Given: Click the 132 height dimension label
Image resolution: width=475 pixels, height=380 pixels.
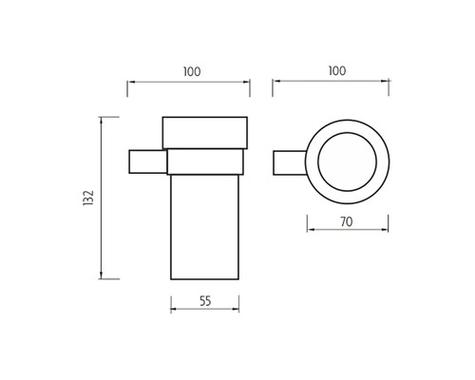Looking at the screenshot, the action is (x=88, y=198).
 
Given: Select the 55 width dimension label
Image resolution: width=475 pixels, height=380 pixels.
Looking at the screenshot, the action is (x=205, y=301).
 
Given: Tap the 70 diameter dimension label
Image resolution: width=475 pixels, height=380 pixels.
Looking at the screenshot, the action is (x=347, y=222).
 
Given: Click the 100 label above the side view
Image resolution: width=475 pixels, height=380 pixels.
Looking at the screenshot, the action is (x=192, y=71).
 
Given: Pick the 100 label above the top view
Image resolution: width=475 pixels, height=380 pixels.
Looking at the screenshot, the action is (x=337, y=70).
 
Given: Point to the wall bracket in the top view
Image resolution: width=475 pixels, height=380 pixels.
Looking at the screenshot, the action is (x=290, y=162).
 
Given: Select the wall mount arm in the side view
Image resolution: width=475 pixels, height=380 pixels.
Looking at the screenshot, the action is (x=148, y=161).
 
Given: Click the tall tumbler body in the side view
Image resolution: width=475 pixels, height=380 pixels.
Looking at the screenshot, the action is (x=204, y=227).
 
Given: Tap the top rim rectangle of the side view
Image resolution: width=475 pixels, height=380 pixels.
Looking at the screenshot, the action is (x=205, y=133).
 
